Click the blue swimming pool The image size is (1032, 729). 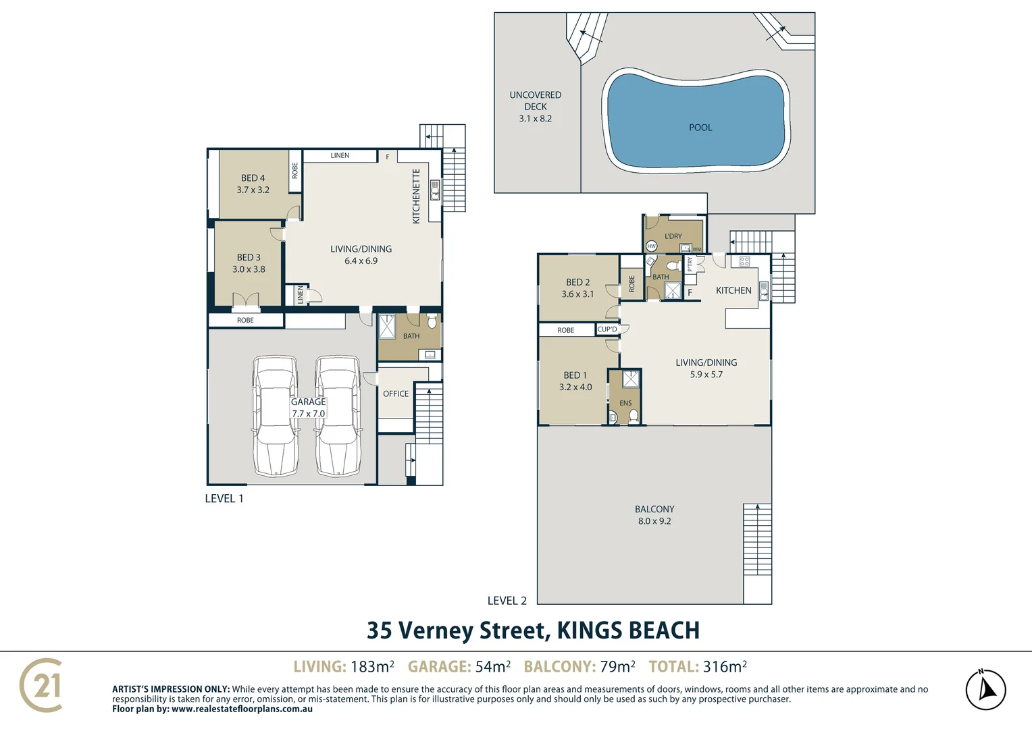point(696,122)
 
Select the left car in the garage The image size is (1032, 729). point(275,416)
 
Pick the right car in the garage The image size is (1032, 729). point(337,416)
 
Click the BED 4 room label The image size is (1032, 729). point(253,178)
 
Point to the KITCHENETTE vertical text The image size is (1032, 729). point(416,196)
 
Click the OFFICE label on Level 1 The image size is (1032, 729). point(396,394)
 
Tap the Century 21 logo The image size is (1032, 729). point(41,685)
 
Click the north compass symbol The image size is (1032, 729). point(985,689)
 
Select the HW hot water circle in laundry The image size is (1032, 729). point(651,246)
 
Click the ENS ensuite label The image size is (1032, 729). point(625,403)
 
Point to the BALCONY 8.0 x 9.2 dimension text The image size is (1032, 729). point(654,521)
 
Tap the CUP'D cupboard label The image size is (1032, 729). point(607,329)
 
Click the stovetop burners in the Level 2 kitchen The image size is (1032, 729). point(744,262)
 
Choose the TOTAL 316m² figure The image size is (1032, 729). point(698,666)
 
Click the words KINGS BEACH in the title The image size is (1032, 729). point(628,630)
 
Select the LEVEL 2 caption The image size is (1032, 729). point(507,601)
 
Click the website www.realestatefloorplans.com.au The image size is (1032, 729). point(242,709)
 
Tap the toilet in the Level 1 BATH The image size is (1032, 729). point(431,321)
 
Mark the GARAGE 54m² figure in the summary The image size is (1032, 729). point(459,666)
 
